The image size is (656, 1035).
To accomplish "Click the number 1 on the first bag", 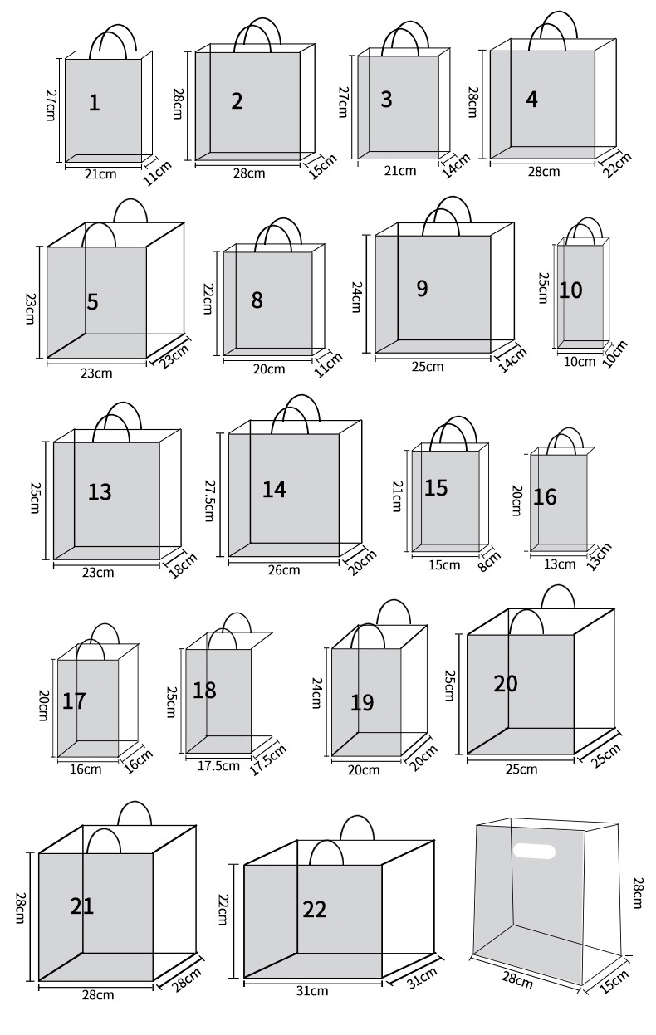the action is [x=95, y=103].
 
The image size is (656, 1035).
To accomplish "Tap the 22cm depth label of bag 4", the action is [x=616, y=164].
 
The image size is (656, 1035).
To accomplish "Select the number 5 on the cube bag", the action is [x=92, y=302].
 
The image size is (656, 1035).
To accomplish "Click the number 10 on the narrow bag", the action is [x=570, y=290].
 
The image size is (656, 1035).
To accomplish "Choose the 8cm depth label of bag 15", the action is [x=490, y=561].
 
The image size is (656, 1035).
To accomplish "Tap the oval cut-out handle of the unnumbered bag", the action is [x=534, y=851].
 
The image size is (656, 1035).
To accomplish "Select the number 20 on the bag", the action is [x=506, y=684].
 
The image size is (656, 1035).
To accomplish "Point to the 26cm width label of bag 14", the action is [x=284, y=569].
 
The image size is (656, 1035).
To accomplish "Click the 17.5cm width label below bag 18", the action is [x=218, y=766].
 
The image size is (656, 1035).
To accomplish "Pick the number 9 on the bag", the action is [x=422, y=288].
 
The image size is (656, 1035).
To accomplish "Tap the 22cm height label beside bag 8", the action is [x=208, y=299].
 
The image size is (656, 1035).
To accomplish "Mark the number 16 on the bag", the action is [x=545, y=497].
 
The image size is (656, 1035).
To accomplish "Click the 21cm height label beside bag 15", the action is [x=397, y=496].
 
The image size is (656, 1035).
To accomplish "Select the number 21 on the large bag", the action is [x=82, y=906].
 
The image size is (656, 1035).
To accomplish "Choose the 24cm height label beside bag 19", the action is [x=316, y=693].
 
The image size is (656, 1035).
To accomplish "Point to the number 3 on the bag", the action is [x=386, y=100].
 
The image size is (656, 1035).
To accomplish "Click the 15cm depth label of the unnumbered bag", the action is [x=614, y=981].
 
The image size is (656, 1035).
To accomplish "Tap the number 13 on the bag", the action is [x=100, y=492].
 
